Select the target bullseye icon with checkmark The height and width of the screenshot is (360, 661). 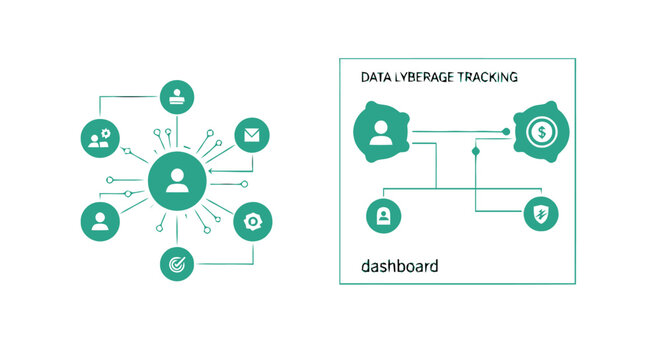(176, 263)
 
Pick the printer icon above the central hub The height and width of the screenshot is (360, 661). (176, 97)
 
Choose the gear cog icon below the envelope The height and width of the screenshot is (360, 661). (251, 221)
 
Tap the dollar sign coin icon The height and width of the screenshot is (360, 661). (540, 131)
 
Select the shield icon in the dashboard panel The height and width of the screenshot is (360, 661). (541, 213)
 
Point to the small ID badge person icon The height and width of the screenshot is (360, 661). (381, 213)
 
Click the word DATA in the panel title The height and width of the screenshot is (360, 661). (377, 76)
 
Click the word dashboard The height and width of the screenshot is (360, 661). (399, 268)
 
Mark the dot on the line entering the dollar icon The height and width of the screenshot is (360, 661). (506, 131)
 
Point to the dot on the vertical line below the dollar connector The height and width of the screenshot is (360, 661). (476, 151)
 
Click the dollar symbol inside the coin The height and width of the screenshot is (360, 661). (541, 131)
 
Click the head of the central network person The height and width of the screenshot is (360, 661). (177, 175)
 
